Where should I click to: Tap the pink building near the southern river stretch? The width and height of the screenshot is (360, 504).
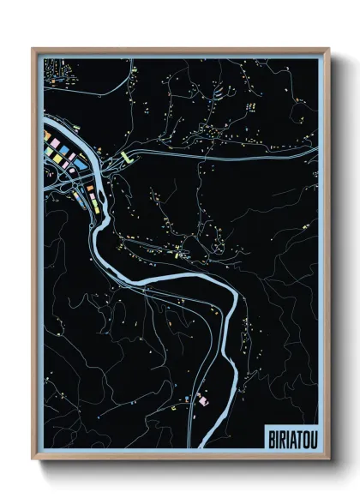click(203, 397)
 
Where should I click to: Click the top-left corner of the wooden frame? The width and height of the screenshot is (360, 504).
click(33, 49)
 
